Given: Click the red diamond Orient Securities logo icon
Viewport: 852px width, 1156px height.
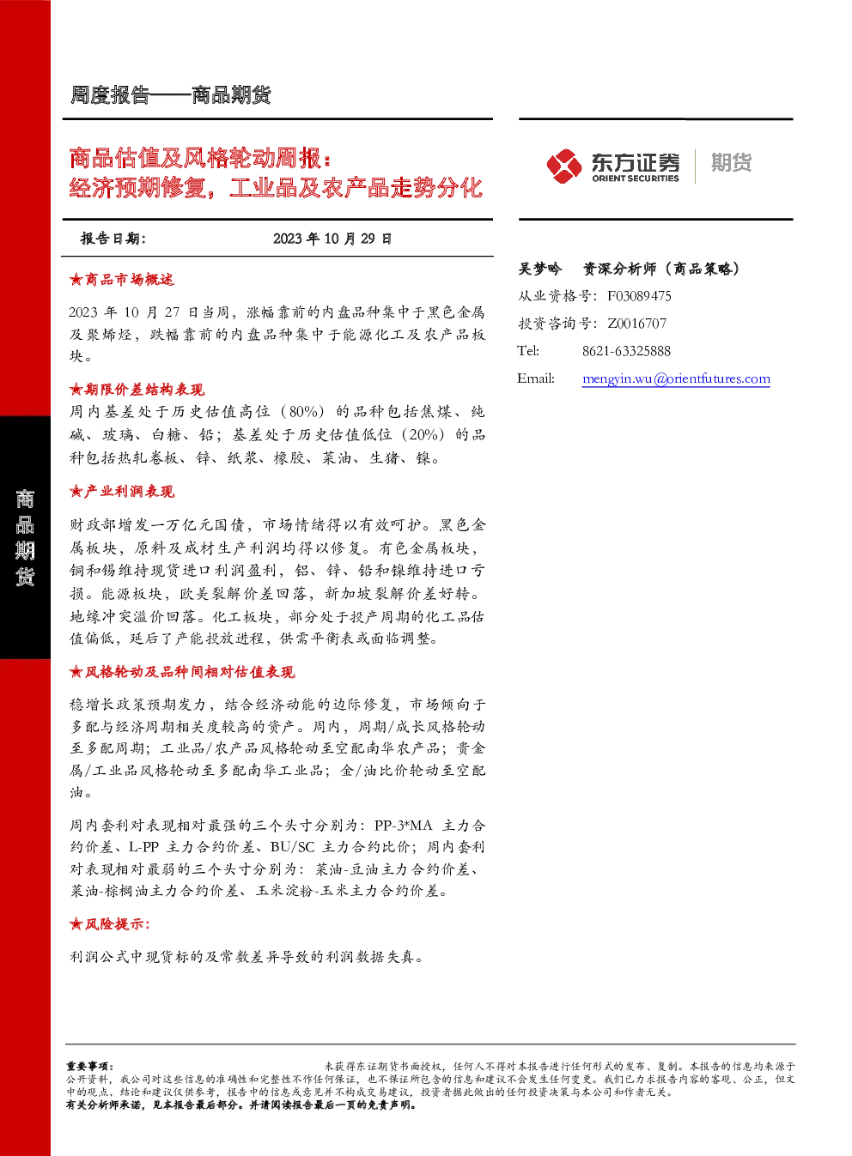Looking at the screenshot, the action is tap(564, 166).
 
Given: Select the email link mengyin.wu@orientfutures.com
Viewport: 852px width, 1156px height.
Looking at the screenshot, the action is tap(676, 378).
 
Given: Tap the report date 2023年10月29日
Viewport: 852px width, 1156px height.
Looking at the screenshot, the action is tap(332, 239).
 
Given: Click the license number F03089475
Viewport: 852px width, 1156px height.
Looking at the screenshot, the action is tap(639, 296).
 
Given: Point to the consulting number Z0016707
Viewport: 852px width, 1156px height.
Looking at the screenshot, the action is tap(636, 323).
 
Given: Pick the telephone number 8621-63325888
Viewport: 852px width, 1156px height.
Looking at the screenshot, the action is tap(626, 351).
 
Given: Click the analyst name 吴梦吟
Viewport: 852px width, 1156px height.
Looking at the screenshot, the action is tap(539, 269).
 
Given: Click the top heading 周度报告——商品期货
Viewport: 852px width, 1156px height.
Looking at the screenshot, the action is tap(170, 95).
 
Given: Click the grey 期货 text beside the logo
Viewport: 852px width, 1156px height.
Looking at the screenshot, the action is tap(731, 162).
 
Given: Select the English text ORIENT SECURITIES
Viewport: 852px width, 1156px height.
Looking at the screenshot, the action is tap(635, 179).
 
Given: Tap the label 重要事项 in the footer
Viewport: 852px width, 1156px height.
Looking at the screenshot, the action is tap(88, 1066).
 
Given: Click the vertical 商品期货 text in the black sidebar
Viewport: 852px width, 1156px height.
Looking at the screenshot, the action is tap(25, 538).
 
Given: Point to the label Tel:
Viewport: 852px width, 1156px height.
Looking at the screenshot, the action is tap(527, 351).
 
